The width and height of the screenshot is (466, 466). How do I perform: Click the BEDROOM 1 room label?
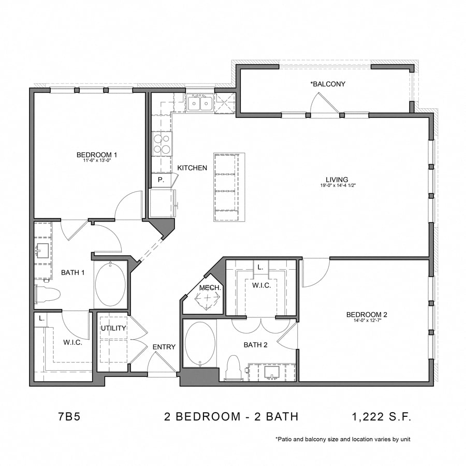point(97,154)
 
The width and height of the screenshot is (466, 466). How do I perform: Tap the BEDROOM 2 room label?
point(367,314)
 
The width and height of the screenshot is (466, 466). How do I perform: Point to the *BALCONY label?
point(327,84)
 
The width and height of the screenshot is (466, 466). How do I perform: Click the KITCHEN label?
point(192,168)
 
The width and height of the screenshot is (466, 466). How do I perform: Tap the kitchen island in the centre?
point(229,187)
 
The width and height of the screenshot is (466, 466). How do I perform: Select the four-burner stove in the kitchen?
point(162,143)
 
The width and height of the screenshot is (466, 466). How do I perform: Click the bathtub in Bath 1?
point(110,285)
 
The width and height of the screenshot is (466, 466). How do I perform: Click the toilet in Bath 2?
point(234,367)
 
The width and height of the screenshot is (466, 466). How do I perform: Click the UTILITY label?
point(113,328)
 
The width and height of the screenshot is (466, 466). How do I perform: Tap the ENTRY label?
point(164,347)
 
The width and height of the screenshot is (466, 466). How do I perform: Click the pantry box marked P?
point(161,180)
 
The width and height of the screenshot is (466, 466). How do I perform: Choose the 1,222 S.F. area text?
point(382,416)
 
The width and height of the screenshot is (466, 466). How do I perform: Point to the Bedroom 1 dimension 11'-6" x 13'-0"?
point(97,161)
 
